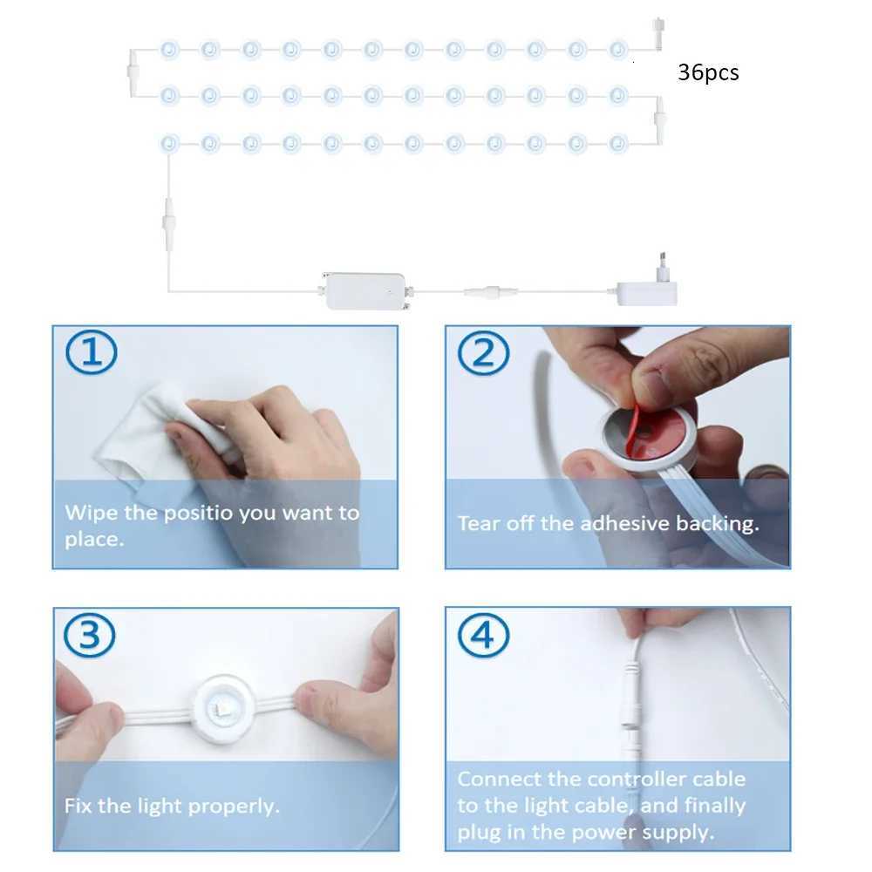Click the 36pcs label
(x=708, y=72)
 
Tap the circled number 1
(x=92, y=353)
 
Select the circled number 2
(x=483, y=353)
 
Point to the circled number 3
(x=92, y=636)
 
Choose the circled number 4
(x=483, y=636)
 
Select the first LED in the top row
(x=168, y=49)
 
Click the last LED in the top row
(x=618, y=49)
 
